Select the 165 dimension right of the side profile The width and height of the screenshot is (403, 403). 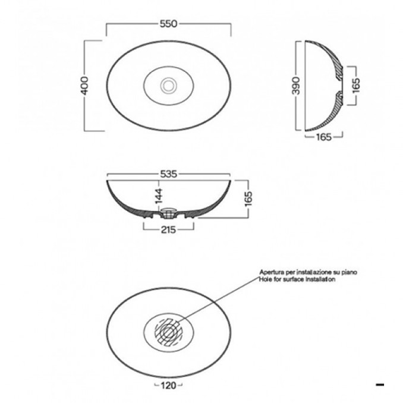point(356,86)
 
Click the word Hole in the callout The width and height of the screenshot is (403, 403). point(265,278)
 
